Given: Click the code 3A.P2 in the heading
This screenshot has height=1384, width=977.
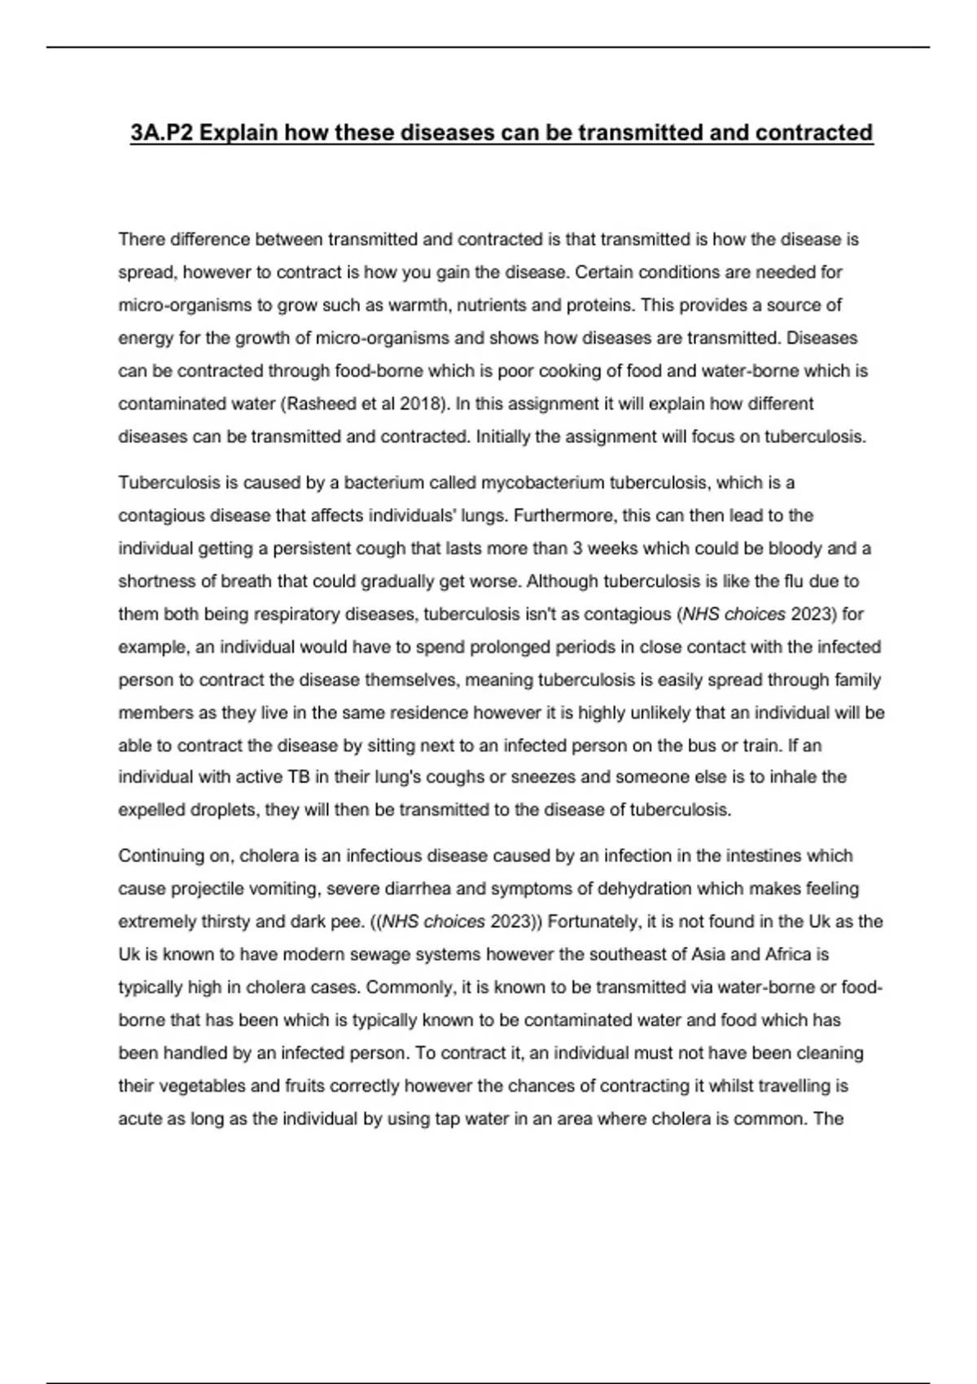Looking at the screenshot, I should (x=161, y=133).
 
